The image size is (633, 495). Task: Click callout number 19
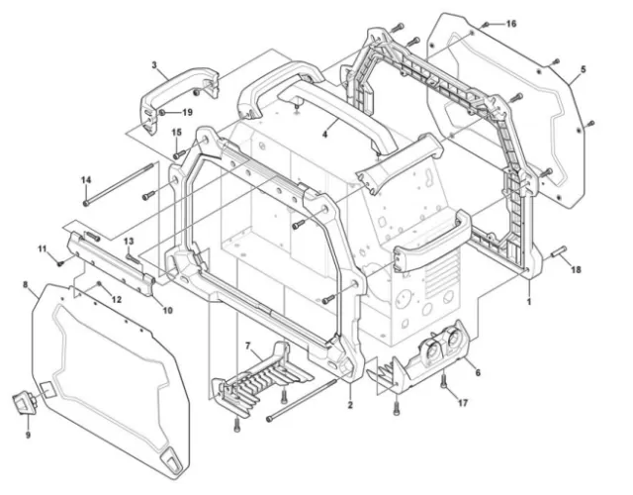(x=187, y=112)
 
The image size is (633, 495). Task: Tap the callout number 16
(x=511, y=24)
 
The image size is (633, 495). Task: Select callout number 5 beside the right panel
(x=583, y=69)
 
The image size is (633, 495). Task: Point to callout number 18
(x=576, y=269)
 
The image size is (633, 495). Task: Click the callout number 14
(x=86, y=180)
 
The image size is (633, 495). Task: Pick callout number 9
(x=28, y=436)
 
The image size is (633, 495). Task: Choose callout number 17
(x=463, y=403)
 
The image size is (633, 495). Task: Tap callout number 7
(x=248, y=346)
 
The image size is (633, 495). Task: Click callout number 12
(x=117, y=300)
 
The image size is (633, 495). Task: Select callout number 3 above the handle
(x=154, y=64)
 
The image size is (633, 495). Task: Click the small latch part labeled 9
(x=25, y=402)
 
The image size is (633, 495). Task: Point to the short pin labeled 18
(x=559, y=252)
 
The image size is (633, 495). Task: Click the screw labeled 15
(x=179, y=154)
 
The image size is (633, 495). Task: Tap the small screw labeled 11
(x=60, y=263)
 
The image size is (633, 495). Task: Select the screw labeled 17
(x=444, y=380)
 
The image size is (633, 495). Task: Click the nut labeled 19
(x=161, y=112)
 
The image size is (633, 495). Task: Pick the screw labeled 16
(x=486, y=25)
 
